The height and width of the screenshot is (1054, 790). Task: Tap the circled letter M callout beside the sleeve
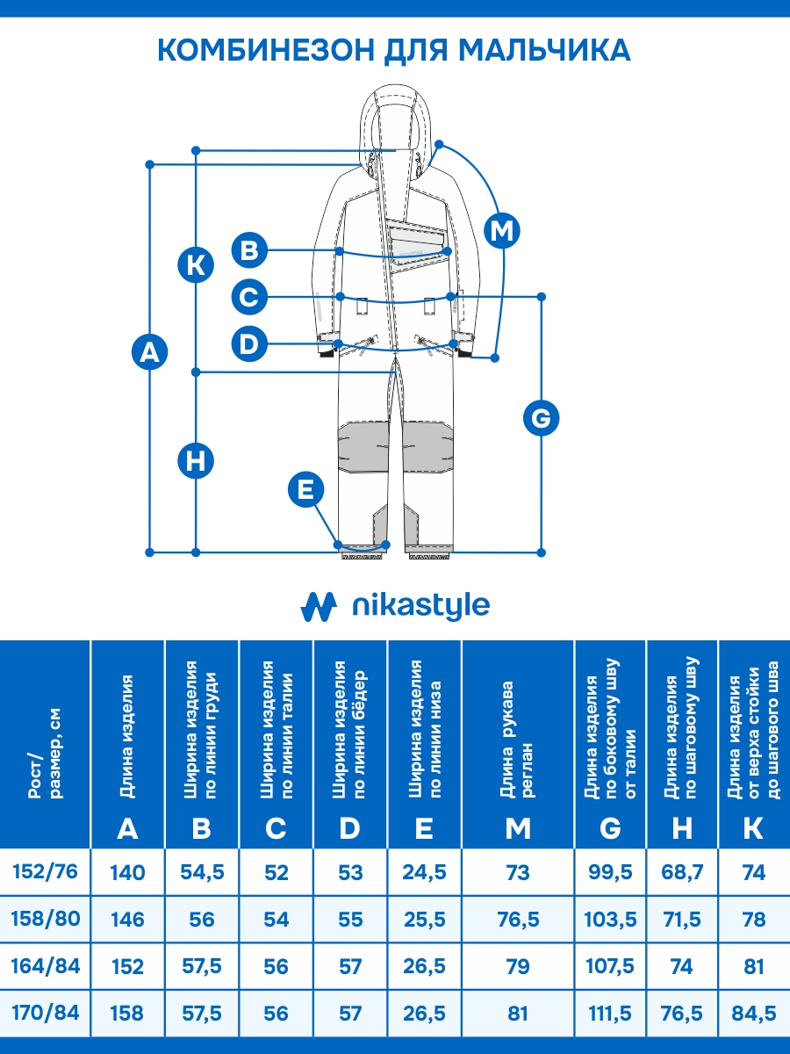tap(502, 231)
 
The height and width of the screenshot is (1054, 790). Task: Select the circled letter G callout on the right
tap(542, 418)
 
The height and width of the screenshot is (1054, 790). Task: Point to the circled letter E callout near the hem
tap(305, 489)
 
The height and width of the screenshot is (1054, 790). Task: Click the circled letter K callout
tap(196, 264)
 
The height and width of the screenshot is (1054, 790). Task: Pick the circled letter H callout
tap(196, 461)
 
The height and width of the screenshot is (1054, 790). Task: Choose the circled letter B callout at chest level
tap(250, 250)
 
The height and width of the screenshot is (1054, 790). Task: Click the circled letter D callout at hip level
tap(250, 343)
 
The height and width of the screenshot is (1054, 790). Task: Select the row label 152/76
tap(46, 872)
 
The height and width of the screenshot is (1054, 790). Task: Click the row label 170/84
tap(46, 1013)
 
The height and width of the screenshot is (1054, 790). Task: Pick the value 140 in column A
tap(128, 873)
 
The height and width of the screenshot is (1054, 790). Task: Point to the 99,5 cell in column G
tap(610, 873)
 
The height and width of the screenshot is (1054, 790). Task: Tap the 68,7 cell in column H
tap(682, 873)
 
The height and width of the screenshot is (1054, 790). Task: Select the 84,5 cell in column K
tap(753, 1014)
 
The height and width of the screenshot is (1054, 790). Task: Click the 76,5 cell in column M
tap(518, 920)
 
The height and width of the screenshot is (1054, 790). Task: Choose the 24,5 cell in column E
tap(424, 873)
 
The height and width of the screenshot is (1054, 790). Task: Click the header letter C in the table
tap(276, 827)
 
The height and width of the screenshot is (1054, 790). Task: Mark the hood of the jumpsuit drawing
tap(396, 114)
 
